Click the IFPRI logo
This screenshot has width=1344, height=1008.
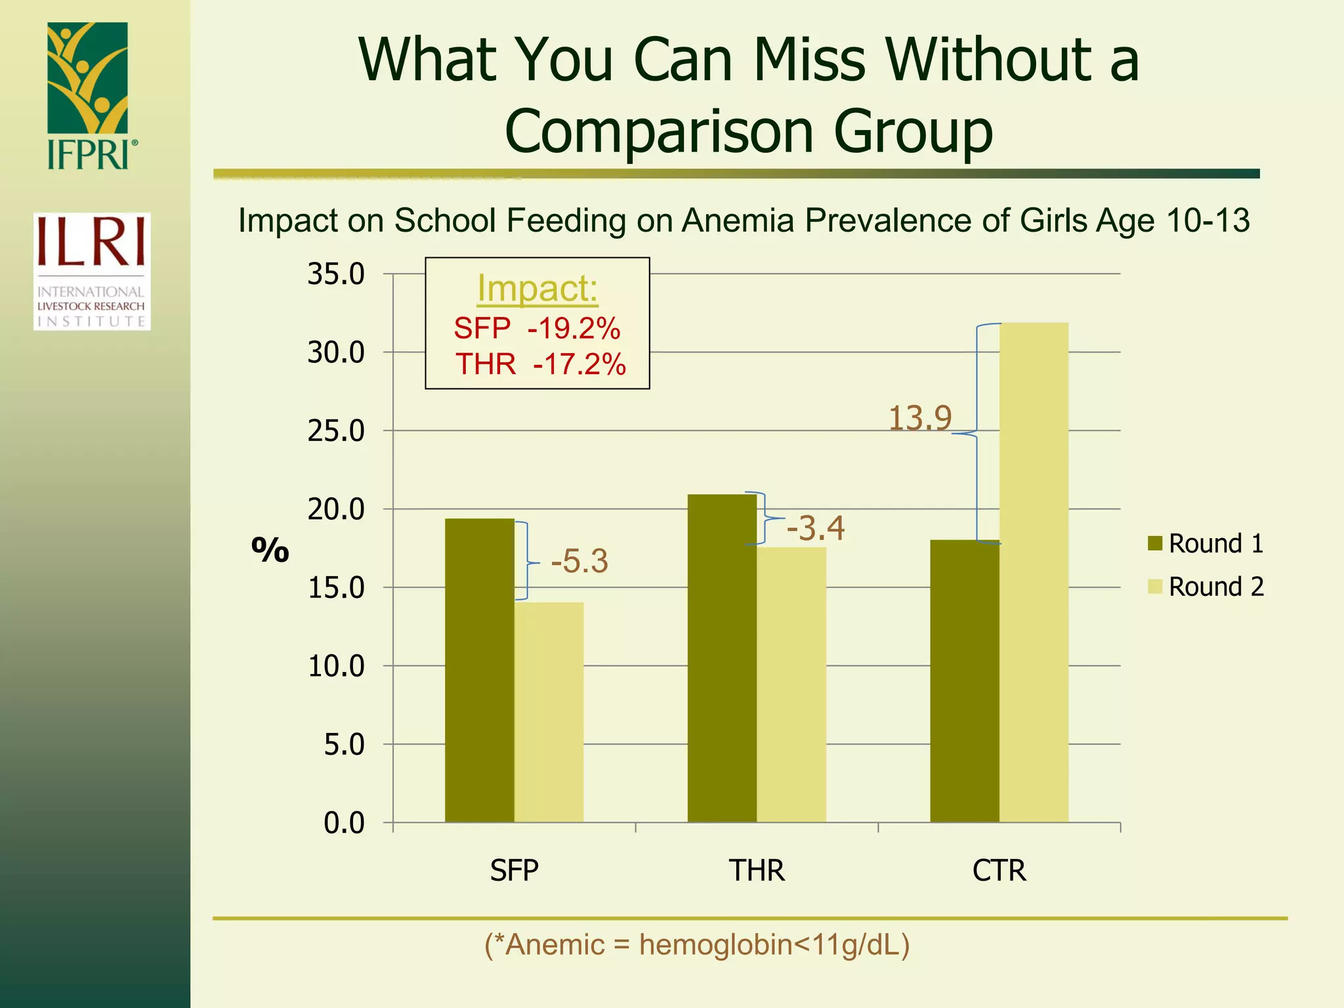pos(91,96)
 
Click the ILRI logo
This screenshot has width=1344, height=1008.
pos(92,271)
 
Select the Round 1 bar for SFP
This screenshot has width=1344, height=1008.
pos(479,669)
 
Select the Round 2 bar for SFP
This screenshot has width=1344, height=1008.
pos(549,712)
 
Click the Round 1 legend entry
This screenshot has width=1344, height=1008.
pos(1206,543)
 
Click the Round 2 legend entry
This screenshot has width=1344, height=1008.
pos(1206,587)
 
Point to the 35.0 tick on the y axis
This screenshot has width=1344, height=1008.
pos(336,274)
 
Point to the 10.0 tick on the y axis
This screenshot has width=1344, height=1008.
pos(336,667)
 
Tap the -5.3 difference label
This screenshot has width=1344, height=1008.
pos(579,562)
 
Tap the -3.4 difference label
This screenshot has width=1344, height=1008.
pos(816,528)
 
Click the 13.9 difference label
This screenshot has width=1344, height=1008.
pos(919,418)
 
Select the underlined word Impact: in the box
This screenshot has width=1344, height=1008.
pos(537,288)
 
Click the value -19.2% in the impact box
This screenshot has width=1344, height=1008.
pos(574,328)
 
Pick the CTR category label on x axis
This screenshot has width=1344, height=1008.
pos(999,871)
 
